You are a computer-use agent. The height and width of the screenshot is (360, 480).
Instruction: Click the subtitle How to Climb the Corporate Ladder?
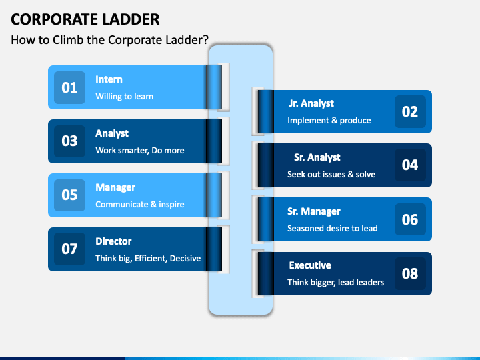click(114, 39)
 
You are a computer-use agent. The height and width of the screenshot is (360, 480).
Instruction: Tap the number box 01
click(69, 87)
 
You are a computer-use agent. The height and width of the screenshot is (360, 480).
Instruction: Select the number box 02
click(410, 111)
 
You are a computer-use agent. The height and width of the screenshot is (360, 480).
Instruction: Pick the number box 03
click(69, 141)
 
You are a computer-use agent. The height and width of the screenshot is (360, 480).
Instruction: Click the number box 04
click(410, 165)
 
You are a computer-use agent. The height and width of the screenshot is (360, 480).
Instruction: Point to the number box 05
click(69, 195)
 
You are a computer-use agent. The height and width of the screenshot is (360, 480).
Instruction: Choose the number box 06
click(410, 219)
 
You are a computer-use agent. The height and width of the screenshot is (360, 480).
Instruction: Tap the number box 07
click(69, 249)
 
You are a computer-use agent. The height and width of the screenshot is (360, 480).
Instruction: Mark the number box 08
click(410, 273)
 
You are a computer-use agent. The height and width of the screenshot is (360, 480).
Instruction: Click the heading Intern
click(109, 79)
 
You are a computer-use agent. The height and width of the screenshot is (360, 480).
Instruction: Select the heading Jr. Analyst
click(311, 103)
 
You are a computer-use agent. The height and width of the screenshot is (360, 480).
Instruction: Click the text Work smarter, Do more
click(139, 150)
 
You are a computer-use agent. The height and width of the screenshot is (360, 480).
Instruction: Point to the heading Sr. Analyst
click(317, 157)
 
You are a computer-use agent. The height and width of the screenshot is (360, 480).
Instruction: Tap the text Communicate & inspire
click(139, 204)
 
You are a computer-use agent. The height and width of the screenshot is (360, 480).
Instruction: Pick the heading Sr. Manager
click(313, 211)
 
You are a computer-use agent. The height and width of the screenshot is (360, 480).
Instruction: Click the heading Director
click(113, 241)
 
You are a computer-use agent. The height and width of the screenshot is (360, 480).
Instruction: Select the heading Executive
click(309, 265)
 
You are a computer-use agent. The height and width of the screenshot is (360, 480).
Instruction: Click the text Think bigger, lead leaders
click(335, 282)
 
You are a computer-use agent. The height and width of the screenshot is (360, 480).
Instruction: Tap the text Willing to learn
click(124, 96)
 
